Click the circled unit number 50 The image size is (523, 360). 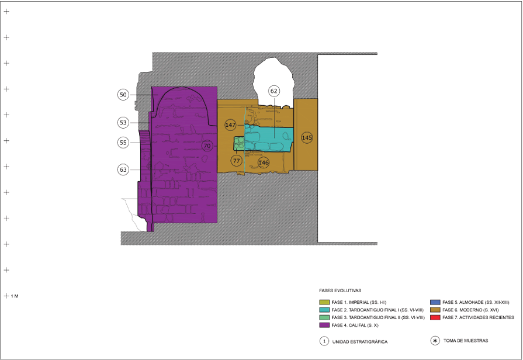click(123, 95)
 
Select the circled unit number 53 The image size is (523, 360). click(123, 123)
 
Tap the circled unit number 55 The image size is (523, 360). click(123, 143)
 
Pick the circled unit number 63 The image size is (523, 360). click(123, 170)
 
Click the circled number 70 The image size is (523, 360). click(207, 146)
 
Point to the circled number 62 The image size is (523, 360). click(274, 91)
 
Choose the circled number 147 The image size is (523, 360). click(230, 125)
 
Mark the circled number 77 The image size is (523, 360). click(237, 161)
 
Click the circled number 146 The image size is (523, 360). click(264, 163)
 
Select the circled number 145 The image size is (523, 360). click(307, 138)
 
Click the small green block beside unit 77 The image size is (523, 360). click(239, 143)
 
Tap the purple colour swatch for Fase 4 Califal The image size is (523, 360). click(324, 326)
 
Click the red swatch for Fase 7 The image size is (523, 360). click(435, 317)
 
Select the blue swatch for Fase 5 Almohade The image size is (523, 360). click(435, 302)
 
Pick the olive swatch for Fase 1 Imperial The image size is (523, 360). click(324, 302)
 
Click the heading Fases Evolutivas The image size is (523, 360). click(340, 290)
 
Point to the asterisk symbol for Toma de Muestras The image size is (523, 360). click(435, 341)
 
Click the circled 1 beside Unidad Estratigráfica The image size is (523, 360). click(324, 341)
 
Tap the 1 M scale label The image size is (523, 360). click(15, 296)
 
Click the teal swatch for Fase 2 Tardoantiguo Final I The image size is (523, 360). click(324, 310)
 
